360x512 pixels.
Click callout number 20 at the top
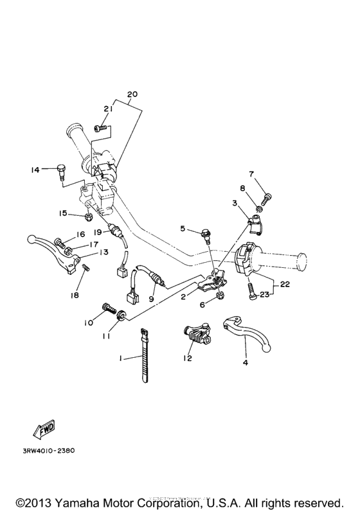pos(132,94)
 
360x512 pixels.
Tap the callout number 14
pos(35,170)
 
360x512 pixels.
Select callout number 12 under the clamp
pos(187,358)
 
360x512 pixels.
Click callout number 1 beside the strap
pos(120,358)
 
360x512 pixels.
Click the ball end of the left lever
pos(31,240)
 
